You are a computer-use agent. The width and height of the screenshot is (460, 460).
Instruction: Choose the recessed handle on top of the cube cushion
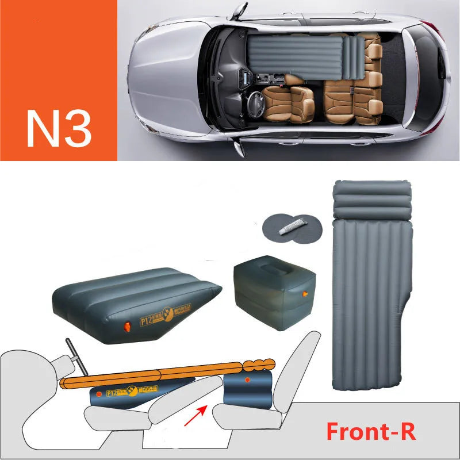(274, 271)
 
